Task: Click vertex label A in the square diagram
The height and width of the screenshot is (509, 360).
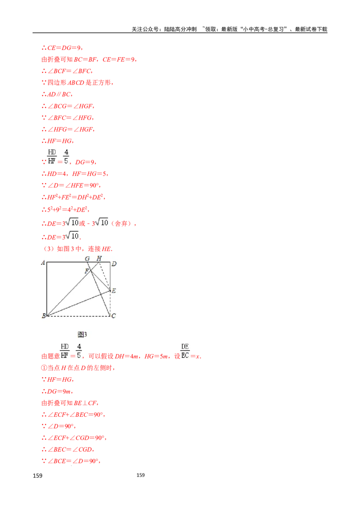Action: tap(43, 263)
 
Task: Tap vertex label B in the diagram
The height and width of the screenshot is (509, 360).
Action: tap(43, 316)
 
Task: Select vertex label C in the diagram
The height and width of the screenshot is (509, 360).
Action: tap(113, 316)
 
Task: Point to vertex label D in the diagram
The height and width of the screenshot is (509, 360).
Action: tap(114, 264)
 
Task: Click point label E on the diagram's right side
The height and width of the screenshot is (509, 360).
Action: tap(114, 291)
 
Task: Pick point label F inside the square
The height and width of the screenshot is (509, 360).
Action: tap(87, 271)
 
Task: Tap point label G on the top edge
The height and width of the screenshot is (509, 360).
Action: tap(87, 259)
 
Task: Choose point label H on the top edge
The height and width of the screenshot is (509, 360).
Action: tap(99, 258)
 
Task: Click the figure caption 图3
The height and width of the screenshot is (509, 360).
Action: tap(82, 334)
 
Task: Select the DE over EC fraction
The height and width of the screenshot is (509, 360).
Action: tap(185, 351)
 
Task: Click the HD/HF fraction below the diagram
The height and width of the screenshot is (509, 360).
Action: tap(65, 351)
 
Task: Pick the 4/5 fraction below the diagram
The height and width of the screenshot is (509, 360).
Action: tap(79, 351)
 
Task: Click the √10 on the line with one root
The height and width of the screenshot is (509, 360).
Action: tap(72, 236)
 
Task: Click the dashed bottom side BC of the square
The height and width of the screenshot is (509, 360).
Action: tap(79, 316)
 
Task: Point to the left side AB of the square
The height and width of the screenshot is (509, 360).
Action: tap(47, 289)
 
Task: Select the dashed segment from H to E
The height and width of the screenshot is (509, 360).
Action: tap(106, 275)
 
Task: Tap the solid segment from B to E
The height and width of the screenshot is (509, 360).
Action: tap(79, 303)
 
